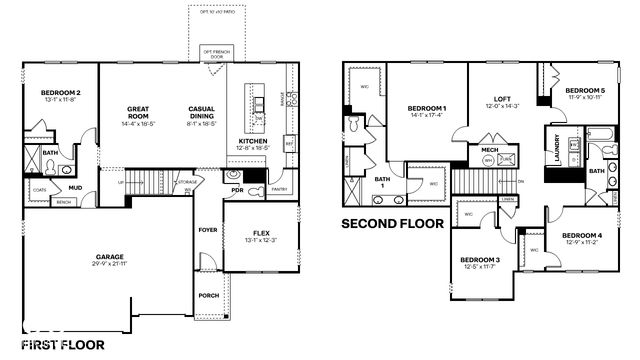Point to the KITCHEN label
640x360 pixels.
pos(251,141)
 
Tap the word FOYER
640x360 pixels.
pos(208,229)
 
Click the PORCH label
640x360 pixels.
pos(208,295)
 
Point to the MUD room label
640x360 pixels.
pos(76,186)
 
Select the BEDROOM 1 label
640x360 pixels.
pos(427,108)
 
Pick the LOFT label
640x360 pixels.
pos(503,100)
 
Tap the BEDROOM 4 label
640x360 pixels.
pos(581,236)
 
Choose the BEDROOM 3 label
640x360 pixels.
pos(480,260)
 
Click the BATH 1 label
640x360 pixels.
pos(381,182)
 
